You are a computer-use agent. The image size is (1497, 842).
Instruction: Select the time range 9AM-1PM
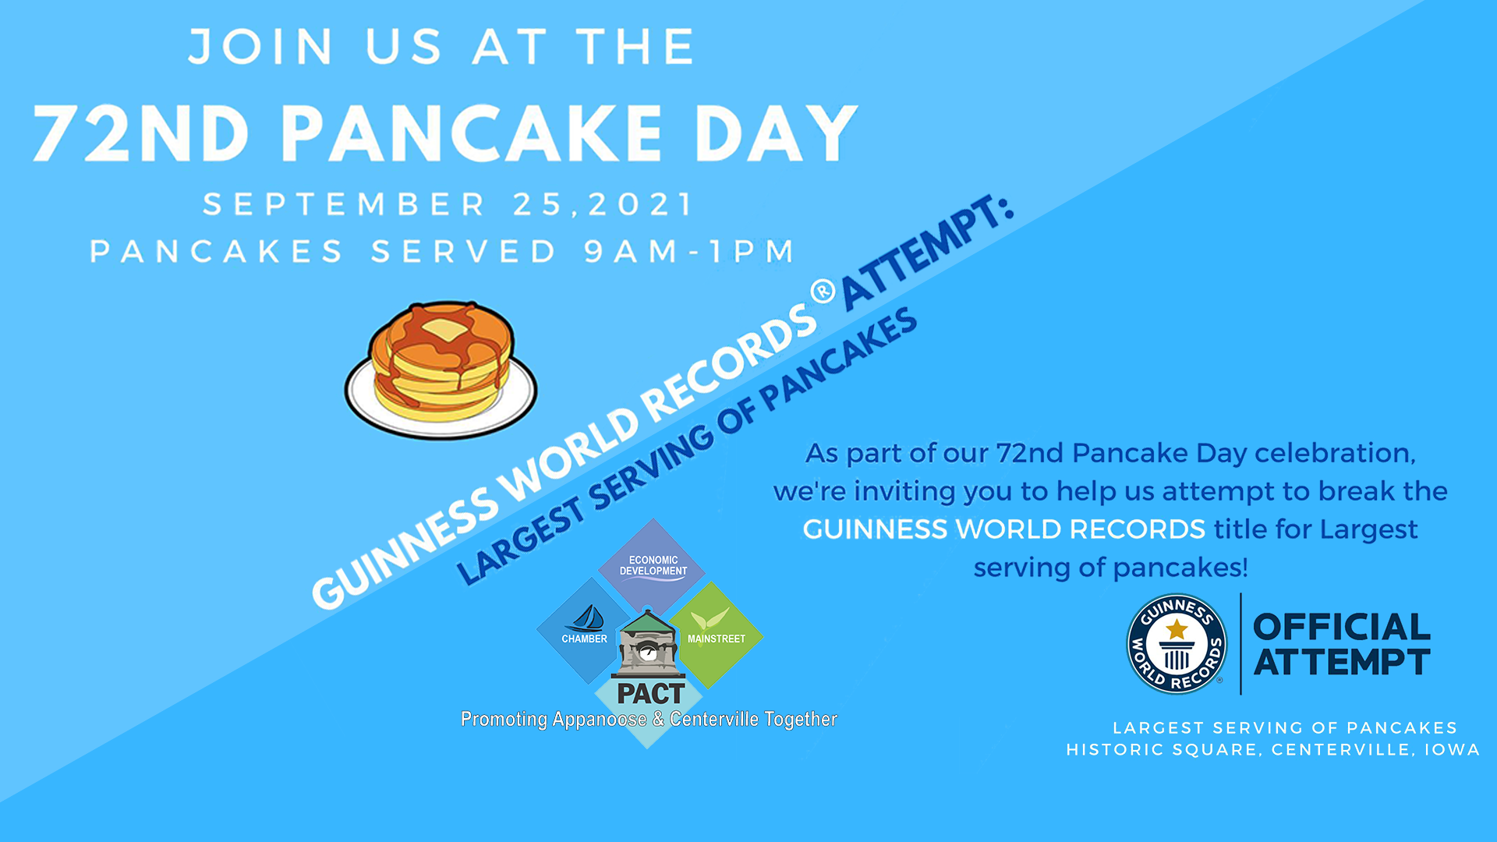[x=689, y=252]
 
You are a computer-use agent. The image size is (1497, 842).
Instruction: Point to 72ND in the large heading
[x=141, y=133]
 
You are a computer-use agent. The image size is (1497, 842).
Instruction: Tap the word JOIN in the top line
[x=261, y=47]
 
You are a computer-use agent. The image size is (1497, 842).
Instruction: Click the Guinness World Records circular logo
[x=1176, y=644]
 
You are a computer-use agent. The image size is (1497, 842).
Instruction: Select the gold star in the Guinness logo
[x=1177, y=628]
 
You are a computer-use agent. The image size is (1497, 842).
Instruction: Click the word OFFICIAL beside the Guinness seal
[x=1341, y=628]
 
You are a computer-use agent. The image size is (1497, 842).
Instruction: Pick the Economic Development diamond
[x=653, y=564]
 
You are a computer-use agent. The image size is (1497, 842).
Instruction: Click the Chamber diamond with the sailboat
[x=584, y=631]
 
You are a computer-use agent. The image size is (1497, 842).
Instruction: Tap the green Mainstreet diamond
[x=716, y=633]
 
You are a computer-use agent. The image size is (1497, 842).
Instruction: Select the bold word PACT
[x=650, y=693]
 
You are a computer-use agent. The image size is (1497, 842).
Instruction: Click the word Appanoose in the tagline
[x=599, y=719]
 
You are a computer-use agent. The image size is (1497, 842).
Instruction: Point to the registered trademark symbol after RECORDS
[x=823, y=292]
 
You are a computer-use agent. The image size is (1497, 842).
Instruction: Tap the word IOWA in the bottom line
[x=1452, y=750]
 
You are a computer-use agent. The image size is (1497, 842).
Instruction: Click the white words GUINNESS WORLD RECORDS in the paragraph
[x=1003, y=529]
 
